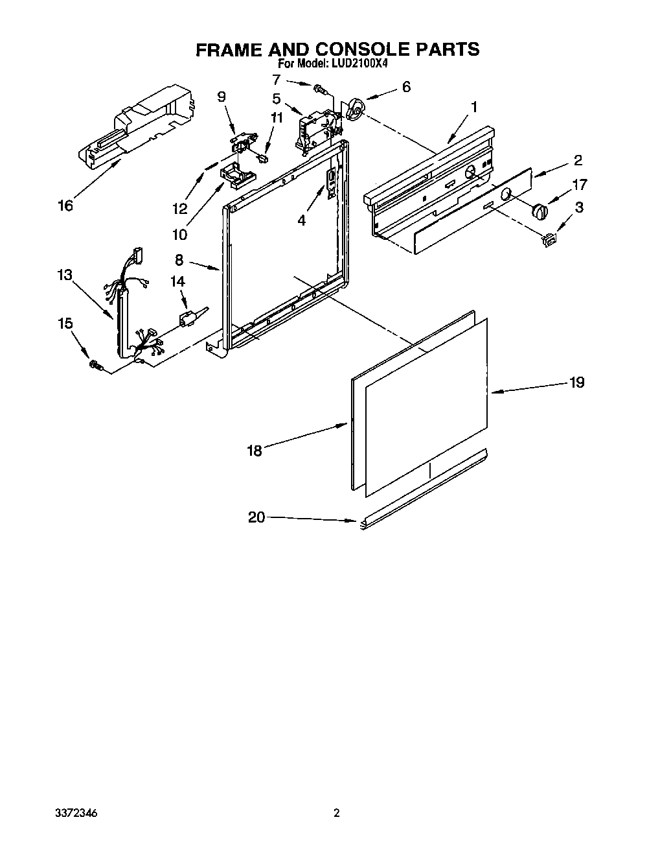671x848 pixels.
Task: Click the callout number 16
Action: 65,206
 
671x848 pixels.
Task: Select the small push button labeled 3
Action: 551,240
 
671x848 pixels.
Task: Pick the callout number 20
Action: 256,517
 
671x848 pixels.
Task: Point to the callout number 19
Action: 576,383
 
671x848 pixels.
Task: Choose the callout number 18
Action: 255,450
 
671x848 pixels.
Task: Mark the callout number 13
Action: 64,275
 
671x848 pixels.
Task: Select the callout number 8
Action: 179,261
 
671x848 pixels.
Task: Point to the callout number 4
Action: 301,220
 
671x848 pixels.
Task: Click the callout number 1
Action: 474,106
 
